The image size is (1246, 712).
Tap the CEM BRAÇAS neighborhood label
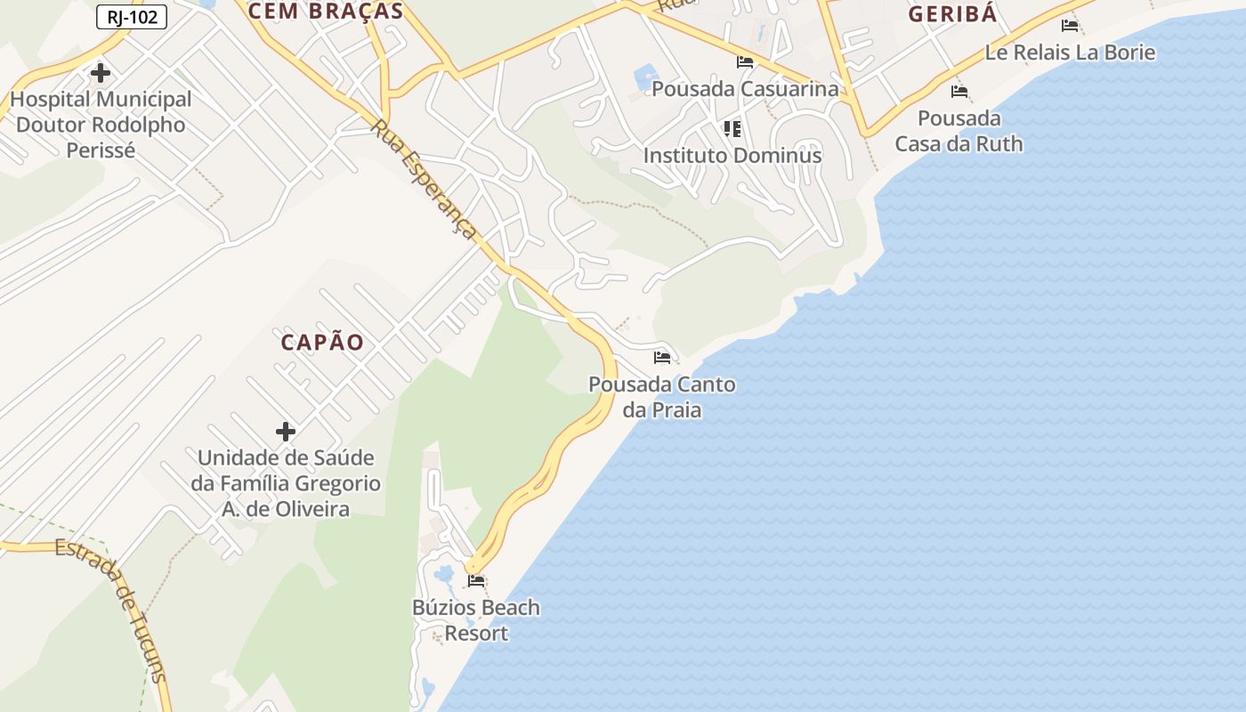coord(326,12)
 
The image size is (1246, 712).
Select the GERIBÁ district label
coord(952,14)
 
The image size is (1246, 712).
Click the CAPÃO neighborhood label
coord(322,342)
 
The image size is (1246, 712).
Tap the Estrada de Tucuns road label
coord(112,609)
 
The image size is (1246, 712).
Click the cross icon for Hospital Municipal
coord(101,72)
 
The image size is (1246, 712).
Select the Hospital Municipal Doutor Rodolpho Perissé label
coord(101,125)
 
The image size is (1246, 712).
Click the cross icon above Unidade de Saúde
coord(285,432)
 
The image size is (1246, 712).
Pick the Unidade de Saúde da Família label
coord(286,483)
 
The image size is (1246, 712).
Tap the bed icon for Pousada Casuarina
coord(745,62)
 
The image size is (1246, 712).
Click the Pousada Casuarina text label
coord(745,89)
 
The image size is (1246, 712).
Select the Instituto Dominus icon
coord(732,129)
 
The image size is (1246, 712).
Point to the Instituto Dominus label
coord(732,155)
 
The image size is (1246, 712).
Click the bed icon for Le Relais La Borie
coord(1070,25)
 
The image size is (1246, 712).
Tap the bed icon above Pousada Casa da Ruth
coord(959,91)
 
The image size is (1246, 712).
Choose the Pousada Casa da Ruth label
coord(959,131)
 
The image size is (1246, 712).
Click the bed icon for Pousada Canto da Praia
coord(661,358)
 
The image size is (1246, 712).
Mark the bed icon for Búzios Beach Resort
coord(476,581)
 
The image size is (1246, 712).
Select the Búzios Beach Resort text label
coord(476,620)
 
